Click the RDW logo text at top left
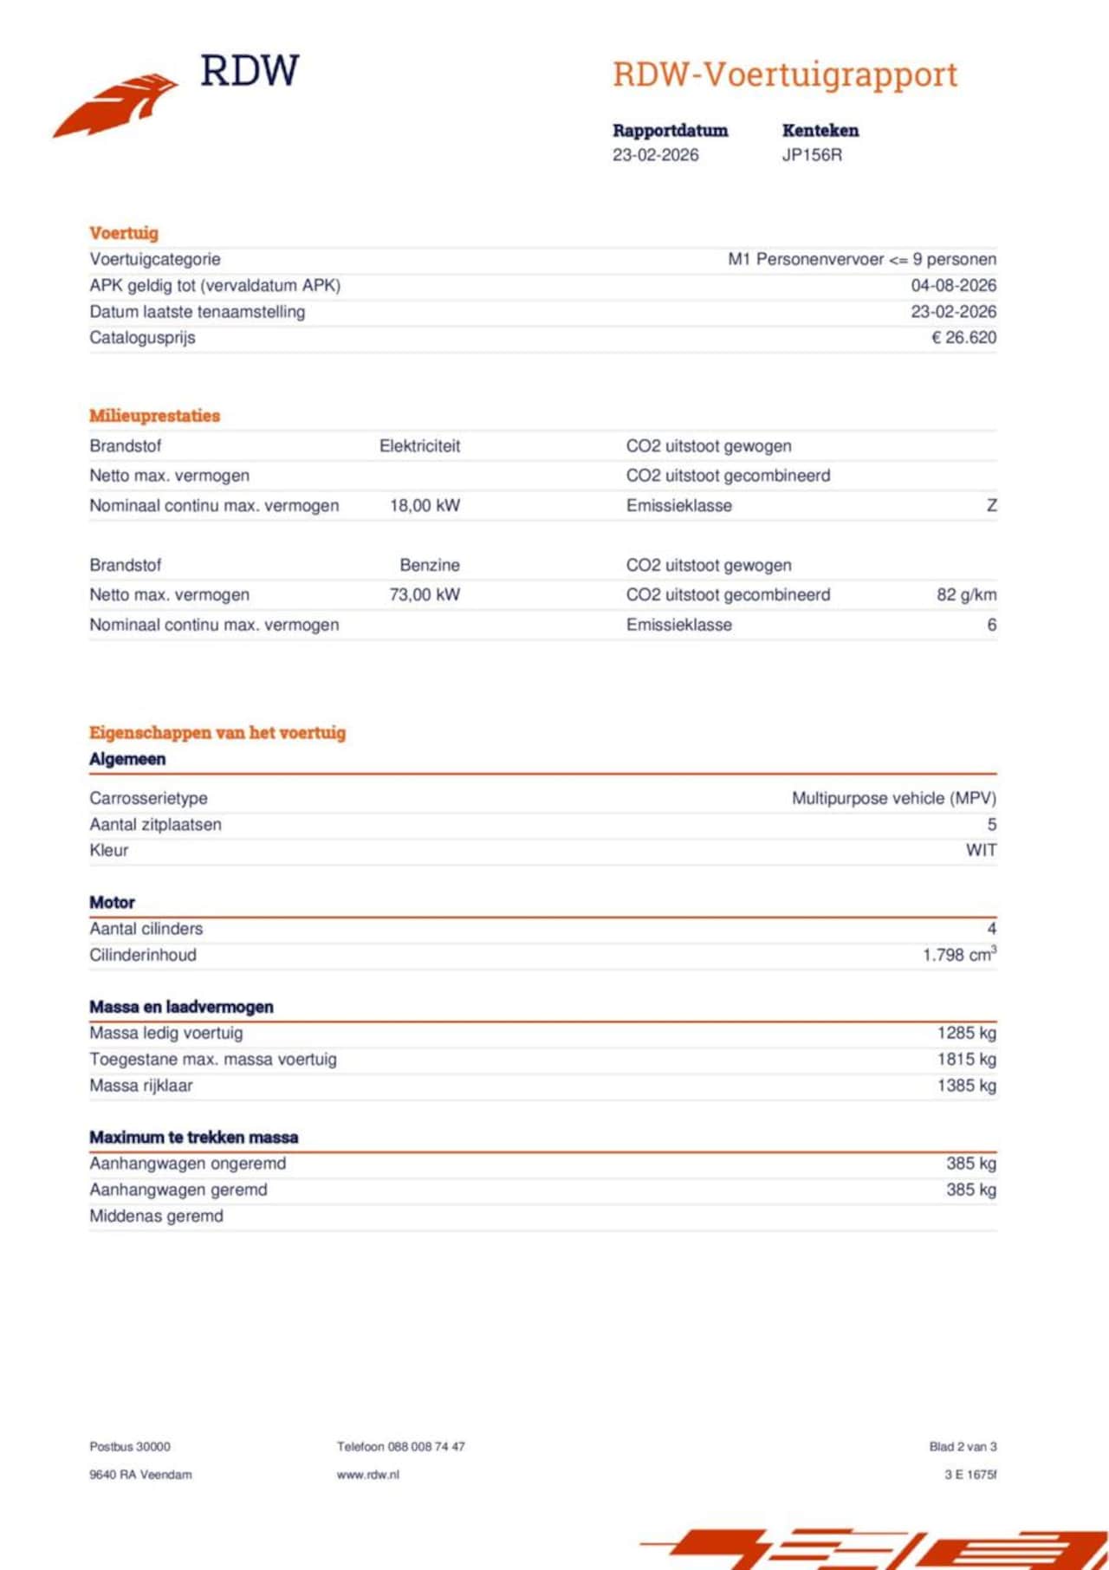(x=250, y=71)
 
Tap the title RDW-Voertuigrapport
(x=785, y=75)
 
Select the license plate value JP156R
(x=812, y=155)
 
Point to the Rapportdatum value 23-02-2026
(x=655, y=155)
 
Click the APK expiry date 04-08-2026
(x=953, y=285)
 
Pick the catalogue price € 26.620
(x=963, y=337)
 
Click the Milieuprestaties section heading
(x=154, y=416)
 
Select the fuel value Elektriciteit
(x=419, y=446)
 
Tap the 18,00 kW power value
(x=425, y=505)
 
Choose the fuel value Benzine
(x=430, y=565)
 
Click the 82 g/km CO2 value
(x=966, y=594)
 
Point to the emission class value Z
(x=991, y=505)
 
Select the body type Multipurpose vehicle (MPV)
(x=893, y=798)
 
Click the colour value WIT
(x=981, y=850)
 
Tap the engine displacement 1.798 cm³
(x=959, y=955)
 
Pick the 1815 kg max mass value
(x=966, y=1059)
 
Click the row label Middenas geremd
(x=156, y=1216)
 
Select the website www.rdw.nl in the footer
(x=368, y=1474)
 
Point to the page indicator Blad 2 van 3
(x=963, y=1446)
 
